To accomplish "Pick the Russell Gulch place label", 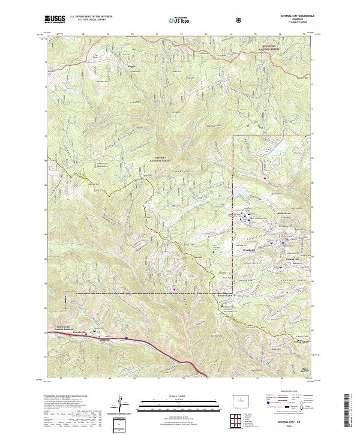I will point(225,296).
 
